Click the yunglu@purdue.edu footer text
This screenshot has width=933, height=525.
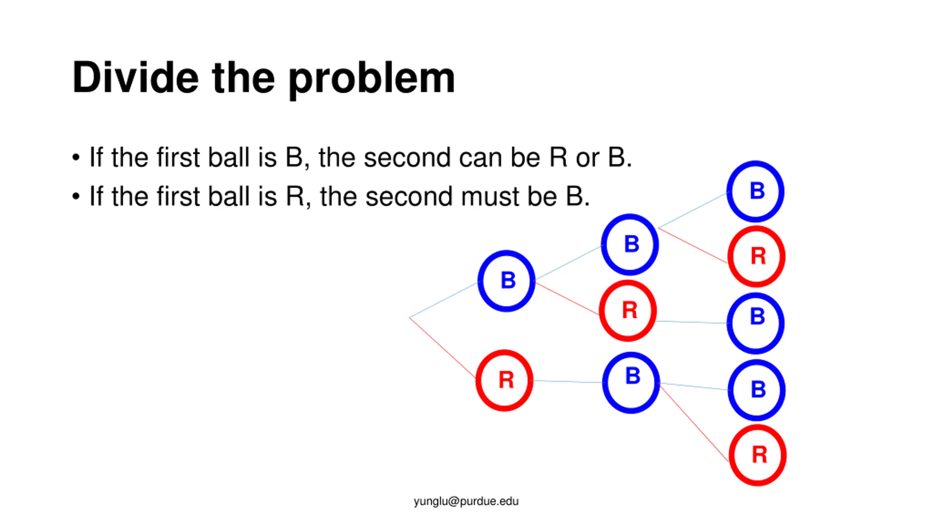click(x=466, y=501)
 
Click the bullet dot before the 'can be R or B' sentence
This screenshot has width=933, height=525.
click(x=76, y=157)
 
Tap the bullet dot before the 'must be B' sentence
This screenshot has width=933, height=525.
click(x=76, y=197)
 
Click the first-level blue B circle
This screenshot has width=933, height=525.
click(x=507, y=281)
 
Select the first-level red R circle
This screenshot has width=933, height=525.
click(x=505, y=380)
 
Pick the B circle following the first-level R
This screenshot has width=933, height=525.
click(x=631, y=382)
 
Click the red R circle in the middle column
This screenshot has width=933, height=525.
click(x=628, y=311)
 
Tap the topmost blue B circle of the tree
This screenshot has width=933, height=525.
click(x=756, y=191)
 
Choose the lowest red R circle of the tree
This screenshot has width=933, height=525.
click(x=758, y=455)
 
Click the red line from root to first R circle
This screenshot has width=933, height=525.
click(x=443, y=347)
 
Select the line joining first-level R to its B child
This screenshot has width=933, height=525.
click(x=568, y=381)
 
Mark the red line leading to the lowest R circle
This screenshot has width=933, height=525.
click(x=694, y=423)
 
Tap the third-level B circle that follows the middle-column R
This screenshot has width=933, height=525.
click(x=756, y=323)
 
